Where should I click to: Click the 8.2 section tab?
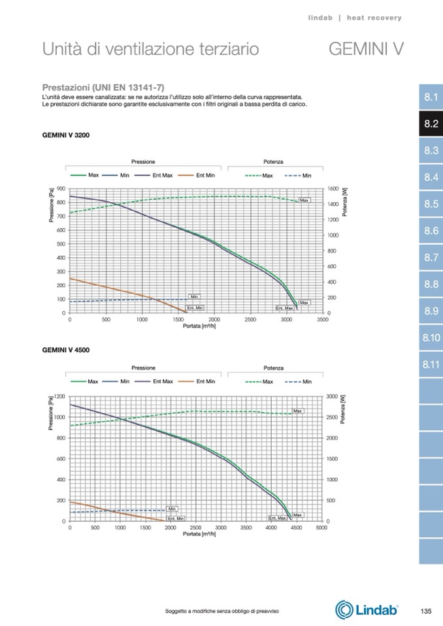click(x=430, y=124)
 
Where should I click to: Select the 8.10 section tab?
click(x=430, y=338)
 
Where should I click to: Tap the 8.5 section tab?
click(x=430, y=204)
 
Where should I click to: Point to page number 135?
click(x=425, y=611)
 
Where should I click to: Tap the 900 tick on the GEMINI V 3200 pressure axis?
click(x=61, y=189)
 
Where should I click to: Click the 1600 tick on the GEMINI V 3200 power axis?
click(x=333, y=189)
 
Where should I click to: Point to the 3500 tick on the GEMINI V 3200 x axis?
click(x=322, y=320)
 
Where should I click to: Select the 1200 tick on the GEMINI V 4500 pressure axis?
click(x=59, y=396)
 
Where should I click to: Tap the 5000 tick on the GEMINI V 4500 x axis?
click(x=321, y=527)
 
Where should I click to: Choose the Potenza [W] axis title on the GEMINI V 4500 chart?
click(x=344, y=409)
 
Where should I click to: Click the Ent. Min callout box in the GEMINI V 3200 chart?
click(x=195, y=307)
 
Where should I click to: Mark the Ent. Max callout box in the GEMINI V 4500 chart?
click(x=278, y=518)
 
